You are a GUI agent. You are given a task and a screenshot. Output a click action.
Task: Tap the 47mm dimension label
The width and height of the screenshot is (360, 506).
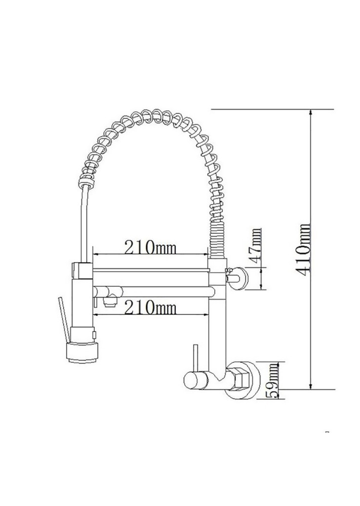[x=257, y=246]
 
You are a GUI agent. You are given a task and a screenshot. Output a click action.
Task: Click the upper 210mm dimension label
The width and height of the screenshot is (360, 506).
[x=150, y=247]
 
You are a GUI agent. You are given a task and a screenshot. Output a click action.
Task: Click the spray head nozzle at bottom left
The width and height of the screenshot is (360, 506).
[x=83, y=353]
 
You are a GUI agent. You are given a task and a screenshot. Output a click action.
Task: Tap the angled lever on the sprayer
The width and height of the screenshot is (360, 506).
[x=64, y=319]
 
